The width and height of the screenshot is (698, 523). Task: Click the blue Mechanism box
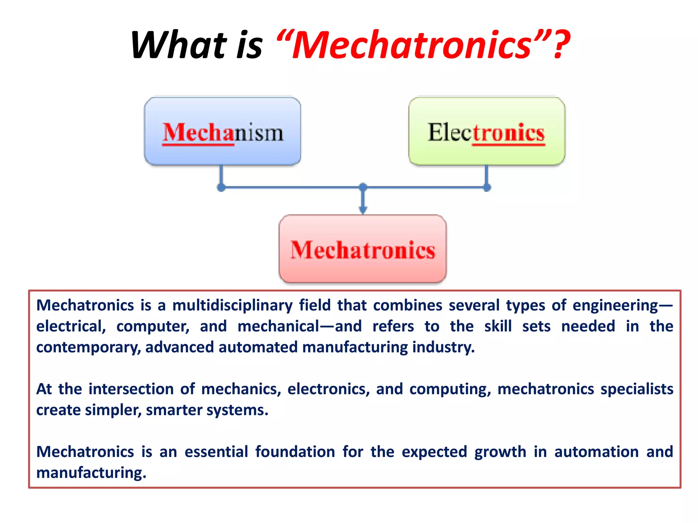click(222, 131)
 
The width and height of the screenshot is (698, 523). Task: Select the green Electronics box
click(487, 131)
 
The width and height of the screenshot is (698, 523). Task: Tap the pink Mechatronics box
click(363, 249)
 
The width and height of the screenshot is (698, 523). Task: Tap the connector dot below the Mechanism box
click(221, 187)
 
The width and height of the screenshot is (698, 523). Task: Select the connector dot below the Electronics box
click(487, 187)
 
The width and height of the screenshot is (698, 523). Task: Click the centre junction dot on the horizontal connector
click(363, 187)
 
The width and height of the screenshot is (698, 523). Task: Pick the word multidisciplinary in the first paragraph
click(232, 305)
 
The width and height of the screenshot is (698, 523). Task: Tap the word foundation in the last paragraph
click(295, 452)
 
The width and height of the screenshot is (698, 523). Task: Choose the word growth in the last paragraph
click(500, 452)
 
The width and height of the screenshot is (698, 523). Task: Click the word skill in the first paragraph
click(498, 327)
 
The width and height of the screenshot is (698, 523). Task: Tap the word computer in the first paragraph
click(153, 327)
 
